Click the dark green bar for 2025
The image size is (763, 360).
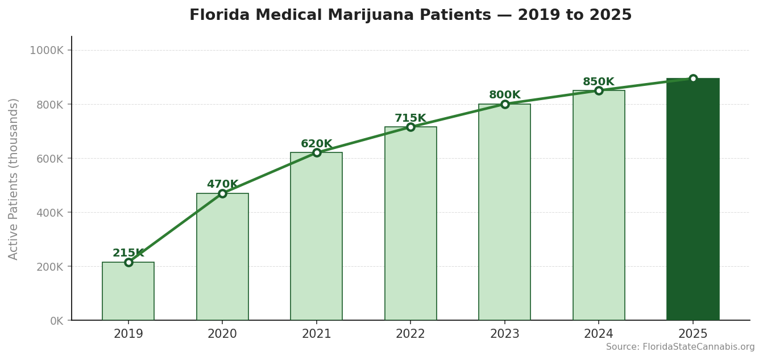tap(692, 199)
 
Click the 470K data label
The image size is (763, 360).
tap(222, 184)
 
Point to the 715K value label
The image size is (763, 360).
tap(410, 118)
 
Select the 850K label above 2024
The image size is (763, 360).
tap(598, 82)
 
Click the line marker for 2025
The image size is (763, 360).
tap(692, 78)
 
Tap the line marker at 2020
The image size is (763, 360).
tap(222, 193)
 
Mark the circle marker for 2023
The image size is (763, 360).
tap(504, 104)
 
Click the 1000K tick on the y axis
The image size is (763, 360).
tap(47, 50)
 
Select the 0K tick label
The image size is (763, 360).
tap(56, 321)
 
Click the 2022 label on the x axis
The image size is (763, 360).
tap(410, 334)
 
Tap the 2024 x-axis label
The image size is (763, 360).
tap(598, 334)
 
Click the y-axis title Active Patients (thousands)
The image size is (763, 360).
tap(14, 179)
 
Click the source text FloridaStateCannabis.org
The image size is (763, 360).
tap(698, 347)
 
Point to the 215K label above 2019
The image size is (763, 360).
tap(128, 253)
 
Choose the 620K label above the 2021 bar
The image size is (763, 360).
tap(316, 144)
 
